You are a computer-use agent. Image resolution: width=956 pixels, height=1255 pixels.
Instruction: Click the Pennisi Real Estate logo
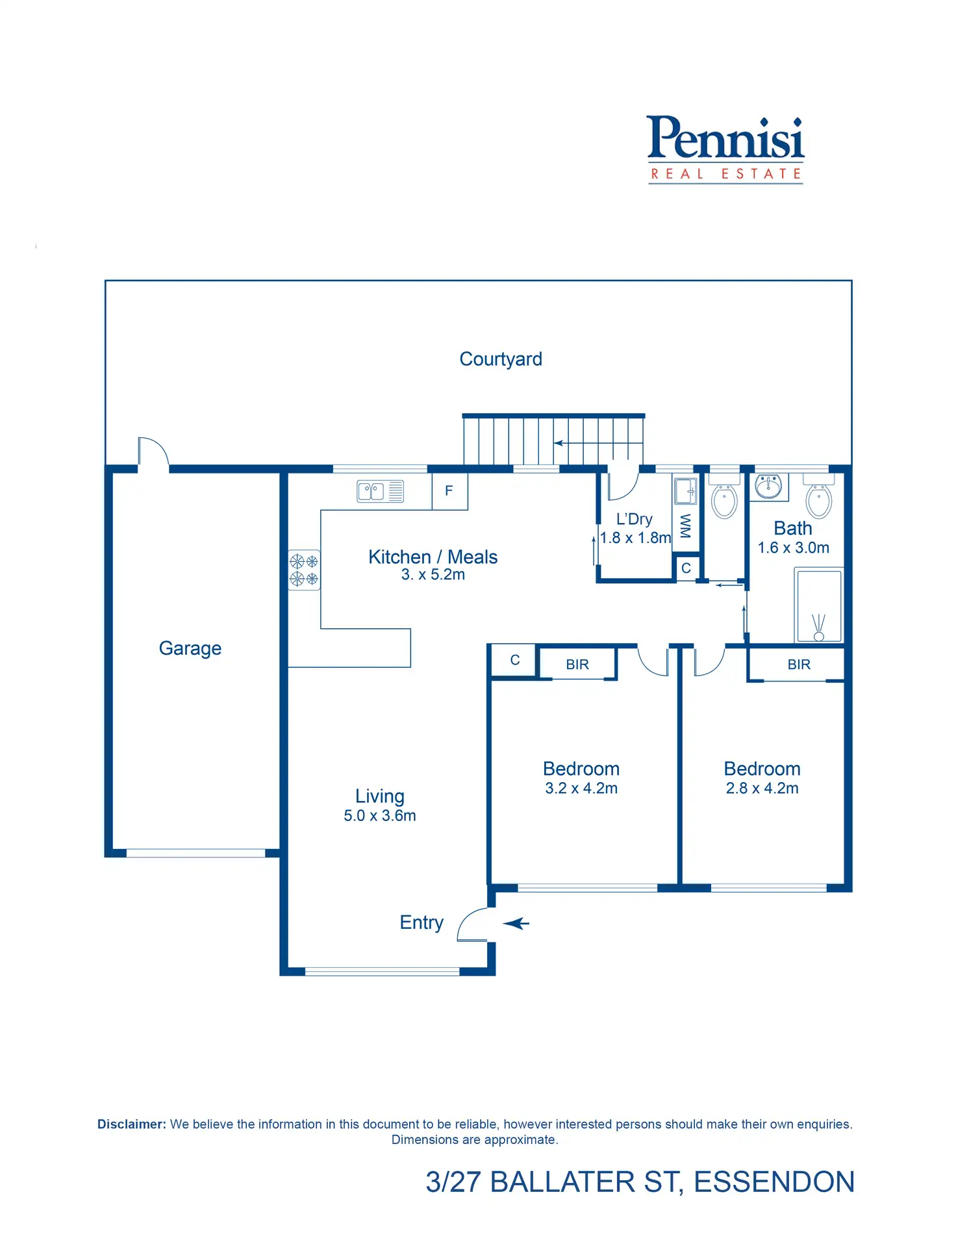pyautogui.click(x=725, y=149)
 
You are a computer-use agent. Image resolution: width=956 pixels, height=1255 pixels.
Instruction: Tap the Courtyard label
pyautogui.click(x=500, y=359)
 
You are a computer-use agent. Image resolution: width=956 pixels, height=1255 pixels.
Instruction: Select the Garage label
pyautogui.click(x=190, y=648)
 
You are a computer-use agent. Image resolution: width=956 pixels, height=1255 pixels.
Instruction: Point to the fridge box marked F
pyautogui.click(x=449, y=491)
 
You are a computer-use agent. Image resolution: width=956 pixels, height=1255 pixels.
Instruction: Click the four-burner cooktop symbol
pyautogui.click(x=304, y=570)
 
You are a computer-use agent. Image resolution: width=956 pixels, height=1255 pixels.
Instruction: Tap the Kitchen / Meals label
pyautogui.click(x=433, y=557)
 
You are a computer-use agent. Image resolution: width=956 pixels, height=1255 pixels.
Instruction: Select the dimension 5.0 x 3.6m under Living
pyautogui.click(x=380, y=816)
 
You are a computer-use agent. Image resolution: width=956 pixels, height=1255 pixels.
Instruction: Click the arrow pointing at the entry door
pyautogui.click(x=516, y=923)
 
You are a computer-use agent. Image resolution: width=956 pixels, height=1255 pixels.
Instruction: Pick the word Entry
pyautogui.click(x=421, y=922)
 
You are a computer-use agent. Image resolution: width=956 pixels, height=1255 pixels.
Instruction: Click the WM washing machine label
pyautogui.click(x=685, y=526)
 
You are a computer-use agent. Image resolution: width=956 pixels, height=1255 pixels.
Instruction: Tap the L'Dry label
pyautogui.click(x=634, y=519)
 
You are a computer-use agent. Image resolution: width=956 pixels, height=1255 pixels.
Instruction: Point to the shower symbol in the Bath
pyautogui.click(x=818, y=606)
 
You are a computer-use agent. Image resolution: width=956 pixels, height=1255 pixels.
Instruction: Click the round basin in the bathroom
pyautogui.click(x=769, y=486)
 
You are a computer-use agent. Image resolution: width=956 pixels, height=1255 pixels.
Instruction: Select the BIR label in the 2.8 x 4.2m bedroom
pyautogui.click(x=799, y=665)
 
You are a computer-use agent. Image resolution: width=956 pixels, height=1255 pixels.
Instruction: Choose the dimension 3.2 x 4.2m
pyautogui.click(x=581, y=789)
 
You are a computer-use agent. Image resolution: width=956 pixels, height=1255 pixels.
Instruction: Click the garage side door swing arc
pyautogui.click(x=153, y=451)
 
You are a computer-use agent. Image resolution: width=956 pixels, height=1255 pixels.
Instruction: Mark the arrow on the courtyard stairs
pyautogui.click(x=559, y=443)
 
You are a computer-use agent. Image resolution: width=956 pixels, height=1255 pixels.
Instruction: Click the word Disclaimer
pyautogui.click(x=131, y=1124)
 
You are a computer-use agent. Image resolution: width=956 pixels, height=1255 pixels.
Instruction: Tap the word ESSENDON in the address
pyautogui.click(x=774, y=1182)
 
